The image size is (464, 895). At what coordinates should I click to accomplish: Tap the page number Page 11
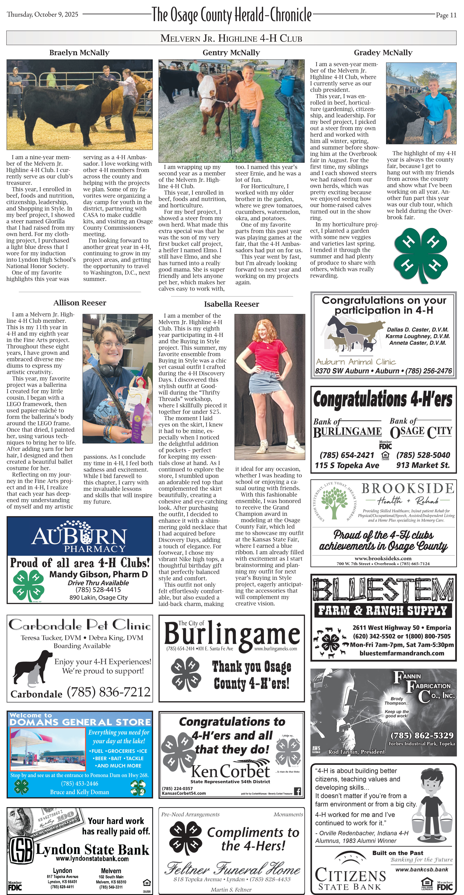pyautogui.click(x=446, y=15)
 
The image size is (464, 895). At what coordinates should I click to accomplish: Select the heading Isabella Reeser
pyautogui.click(x=231, y=304)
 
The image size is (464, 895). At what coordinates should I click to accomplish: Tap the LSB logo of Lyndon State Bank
pyautogui.click(x=22, y=850)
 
